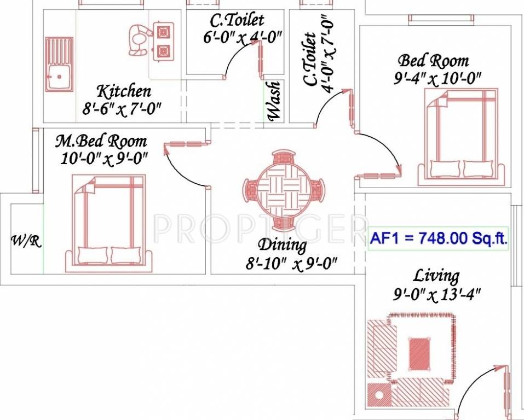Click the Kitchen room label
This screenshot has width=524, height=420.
pos(123,91)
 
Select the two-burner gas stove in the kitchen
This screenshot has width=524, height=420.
pos(162,42)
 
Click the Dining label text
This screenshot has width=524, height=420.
pos(283,244)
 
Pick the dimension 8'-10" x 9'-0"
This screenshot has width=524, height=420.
pos(290,264)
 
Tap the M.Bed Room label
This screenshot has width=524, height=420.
pos(101,142)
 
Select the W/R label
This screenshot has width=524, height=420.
pos(26,241)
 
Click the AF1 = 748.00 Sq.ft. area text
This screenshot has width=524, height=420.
pos(438,238)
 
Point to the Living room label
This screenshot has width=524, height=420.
pos(436,275)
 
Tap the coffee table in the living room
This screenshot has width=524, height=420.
pos(420,353)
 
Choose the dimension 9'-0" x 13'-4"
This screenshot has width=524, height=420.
pos(436,295)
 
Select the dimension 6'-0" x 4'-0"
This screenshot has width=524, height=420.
pos(241,37)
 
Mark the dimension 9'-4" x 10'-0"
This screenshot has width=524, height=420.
pos(437,78)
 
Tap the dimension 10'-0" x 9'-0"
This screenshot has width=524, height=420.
pos(104,159)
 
